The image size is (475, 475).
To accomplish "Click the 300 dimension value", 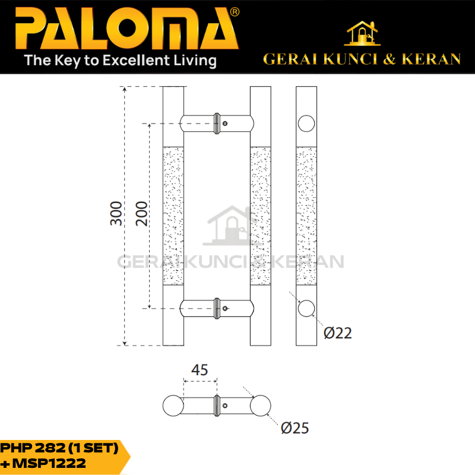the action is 116,213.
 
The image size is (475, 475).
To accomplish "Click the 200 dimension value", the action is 141,213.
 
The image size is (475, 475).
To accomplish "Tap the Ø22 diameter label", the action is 338,333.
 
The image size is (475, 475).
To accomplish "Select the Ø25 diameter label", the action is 294,428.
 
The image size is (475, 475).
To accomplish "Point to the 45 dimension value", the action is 199,370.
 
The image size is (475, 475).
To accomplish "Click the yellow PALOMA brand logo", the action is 126,28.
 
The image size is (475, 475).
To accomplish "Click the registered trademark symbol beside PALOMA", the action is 235,12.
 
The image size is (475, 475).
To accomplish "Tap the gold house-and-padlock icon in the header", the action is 362,33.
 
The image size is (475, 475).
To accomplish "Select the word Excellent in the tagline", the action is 137,61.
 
